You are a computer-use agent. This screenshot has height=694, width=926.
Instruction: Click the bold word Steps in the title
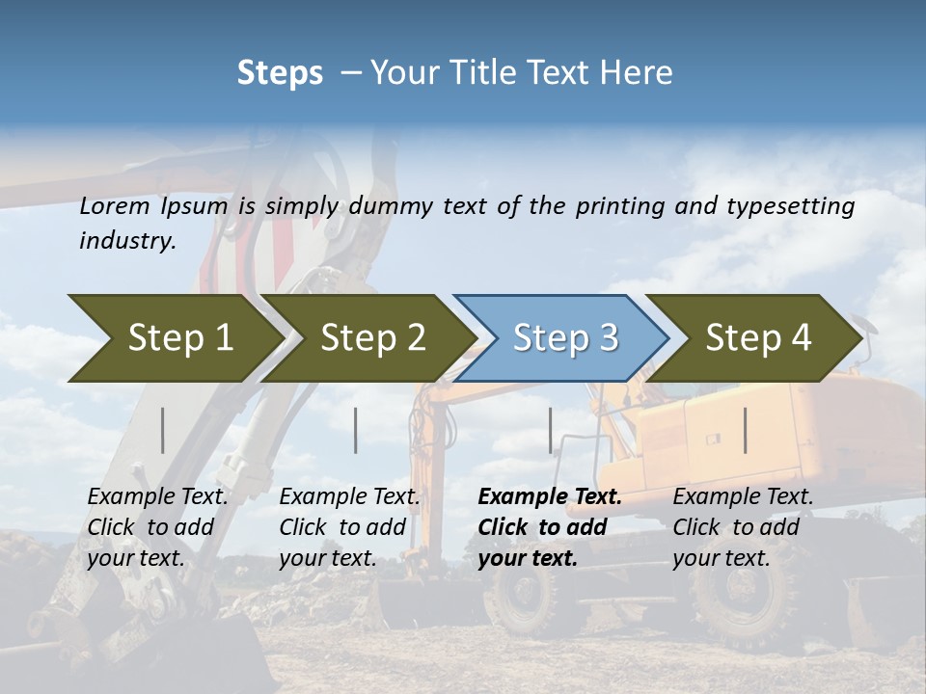click(280, 73)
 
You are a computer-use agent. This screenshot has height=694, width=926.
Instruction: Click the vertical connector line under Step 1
click(163, 430)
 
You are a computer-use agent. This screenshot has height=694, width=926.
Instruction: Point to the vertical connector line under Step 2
click(356, 430)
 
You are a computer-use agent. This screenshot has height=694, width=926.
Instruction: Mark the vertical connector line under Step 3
click(551, 430)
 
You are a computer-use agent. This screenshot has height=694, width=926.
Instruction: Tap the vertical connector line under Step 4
click(746, 430)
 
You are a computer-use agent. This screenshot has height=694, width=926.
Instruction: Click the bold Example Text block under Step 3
click(549, 527)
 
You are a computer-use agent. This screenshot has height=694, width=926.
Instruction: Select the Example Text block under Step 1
click(157, 527)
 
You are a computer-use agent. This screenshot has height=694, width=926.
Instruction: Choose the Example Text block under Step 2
click(349, 527)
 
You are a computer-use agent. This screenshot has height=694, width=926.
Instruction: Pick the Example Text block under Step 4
click(743, 527)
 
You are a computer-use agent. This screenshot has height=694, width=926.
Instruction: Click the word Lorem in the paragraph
click(115, 206)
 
